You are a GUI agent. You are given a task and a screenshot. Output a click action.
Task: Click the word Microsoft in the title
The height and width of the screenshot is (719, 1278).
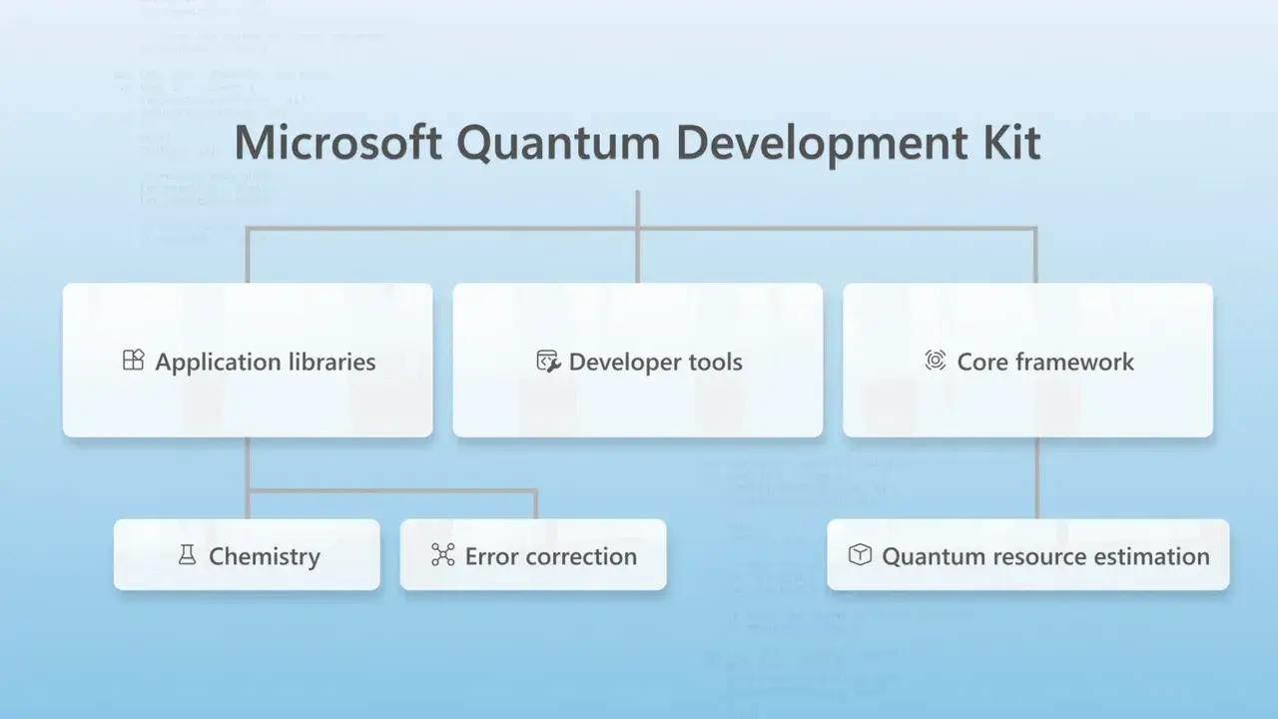click(x=337, y=143)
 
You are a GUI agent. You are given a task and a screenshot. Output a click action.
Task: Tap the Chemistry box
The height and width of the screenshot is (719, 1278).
click(x=247, y=555)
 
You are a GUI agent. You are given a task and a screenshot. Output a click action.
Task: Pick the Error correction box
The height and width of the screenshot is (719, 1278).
click(x=533, y=555)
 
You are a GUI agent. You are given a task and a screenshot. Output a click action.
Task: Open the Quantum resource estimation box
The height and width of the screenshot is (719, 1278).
click(x=1027, y=555)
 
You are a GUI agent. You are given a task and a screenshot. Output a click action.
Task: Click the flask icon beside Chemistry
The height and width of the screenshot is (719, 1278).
click(x=187, y=555)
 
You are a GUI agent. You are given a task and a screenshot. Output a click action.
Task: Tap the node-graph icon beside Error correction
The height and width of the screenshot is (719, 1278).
click(x=442, y=555)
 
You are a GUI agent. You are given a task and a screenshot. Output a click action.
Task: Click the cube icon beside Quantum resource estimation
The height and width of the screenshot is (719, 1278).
click(x=860, y=554)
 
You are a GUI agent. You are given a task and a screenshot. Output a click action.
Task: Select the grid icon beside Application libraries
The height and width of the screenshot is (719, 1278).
click(x=133, y=360)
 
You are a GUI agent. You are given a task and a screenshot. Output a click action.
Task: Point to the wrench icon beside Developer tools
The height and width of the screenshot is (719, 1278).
click(x=548, y=361)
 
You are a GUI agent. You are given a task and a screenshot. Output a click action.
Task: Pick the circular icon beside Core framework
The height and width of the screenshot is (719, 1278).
click(x=936, y=360)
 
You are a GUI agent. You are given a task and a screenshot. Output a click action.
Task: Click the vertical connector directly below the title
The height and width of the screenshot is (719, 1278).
click(x=637, y=210)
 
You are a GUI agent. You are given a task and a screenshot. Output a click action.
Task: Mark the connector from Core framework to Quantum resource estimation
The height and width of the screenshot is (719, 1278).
click(x=1036, y=477)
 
